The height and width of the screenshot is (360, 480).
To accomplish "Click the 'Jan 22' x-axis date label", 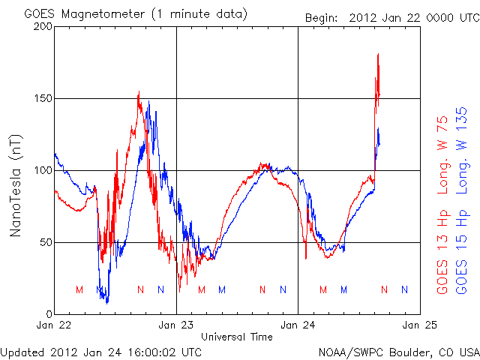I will (x=55, y=325).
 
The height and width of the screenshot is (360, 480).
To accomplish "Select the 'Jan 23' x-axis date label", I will (x=176, y=325).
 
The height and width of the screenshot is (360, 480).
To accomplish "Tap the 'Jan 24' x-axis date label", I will (x=298, y=325).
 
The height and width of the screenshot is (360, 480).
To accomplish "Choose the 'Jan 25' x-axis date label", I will (x=419, y=325).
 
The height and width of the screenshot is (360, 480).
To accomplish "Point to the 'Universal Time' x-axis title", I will (x=237, y=337).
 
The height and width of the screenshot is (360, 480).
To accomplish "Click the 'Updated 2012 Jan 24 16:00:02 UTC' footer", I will (x=100, y=351).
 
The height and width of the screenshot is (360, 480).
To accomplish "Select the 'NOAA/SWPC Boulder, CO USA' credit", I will (x=398, y=351).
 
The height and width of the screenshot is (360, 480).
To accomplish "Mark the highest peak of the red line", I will (x=378, y=54).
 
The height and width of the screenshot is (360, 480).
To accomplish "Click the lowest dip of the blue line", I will (x=107, y=303).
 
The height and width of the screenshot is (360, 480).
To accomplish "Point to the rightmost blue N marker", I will (x=405, y=289).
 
